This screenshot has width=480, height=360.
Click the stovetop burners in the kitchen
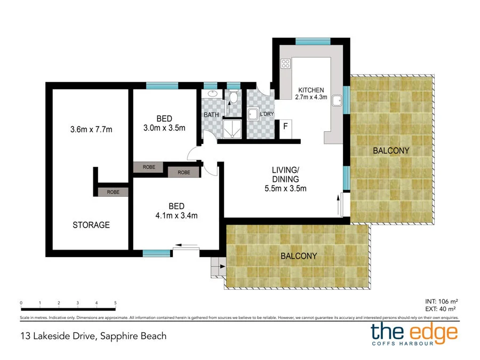coord(285,63)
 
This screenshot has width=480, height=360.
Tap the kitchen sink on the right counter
coord(337,100)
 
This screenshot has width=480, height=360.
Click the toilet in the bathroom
coord(234,97)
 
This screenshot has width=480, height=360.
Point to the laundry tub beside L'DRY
coord(253,114)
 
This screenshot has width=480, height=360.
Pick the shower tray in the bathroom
coord(233,129)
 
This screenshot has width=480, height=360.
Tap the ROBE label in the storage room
coord(113,192)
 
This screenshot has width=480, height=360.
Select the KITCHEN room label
coord(311,90)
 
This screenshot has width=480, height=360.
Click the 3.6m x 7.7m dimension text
coord(91,130)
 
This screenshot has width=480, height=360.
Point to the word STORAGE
coord(91,225)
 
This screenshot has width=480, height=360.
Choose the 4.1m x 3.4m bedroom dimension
coord(177,216)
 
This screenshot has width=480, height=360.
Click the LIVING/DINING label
coord(285,174)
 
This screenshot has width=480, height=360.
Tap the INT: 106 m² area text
coord(442,301)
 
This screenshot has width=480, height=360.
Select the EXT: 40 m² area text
coord(440,309)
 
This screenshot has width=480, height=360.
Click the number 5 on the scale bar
coord(115,303)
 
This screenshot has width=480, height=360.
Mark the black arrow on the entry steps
coord(222,266)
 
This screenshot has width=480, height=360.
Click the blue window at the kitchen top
coord(313,41)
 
